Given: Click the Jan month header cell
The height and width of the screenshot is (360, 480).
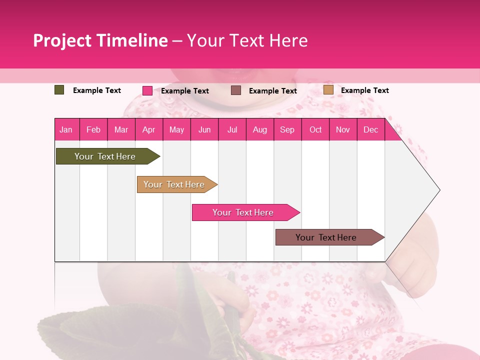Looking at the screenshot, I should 66,129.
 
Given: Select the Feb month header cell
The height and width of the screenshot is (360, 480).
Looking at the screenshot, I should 93,129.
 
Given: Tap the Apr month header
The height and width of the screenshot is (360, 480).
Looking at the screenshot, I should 148,129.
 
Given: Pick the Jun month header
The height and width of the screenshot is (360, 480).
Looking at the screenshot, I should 204,129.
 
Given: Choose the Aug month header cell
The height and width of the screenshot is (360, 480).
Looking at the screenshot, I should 259,129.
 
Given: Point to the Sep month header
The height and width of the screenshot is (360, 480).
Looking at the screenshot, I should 287,129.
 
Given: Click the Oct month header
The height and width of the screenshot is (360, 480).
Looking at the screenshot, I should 315,129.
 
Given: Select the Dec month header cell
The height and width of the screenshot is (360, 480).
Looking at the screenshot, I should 370,129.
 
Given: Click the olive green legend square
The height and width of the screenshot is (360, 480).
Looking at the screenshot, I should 59,90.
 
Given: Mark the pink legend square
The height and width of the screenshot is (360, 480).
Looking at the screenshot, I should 147,90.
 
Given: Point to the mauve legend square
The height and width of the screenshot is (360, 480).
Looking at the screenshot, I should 236,90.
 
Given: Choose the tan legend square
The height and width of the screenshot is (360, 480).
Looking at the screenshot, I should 328,90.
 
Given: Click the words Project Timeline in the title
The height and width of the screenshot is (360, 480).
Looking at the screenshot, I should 100,40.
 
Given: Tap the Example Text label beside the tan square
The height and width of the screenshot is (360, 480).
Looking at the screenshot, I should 364,90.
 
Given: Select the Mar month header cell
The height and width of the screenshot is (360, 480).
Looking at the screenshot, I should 121,129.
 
